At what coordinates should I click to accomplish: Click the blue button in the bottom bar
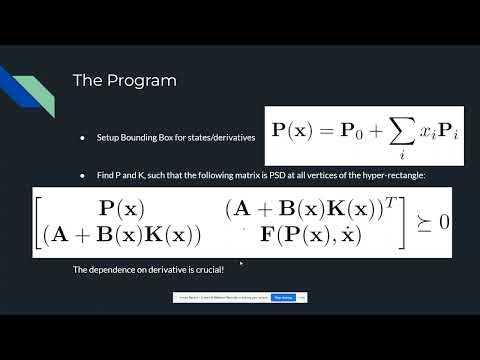click(283, 297)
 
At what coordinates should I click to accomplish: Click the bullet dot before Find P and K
click(84, 176)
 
